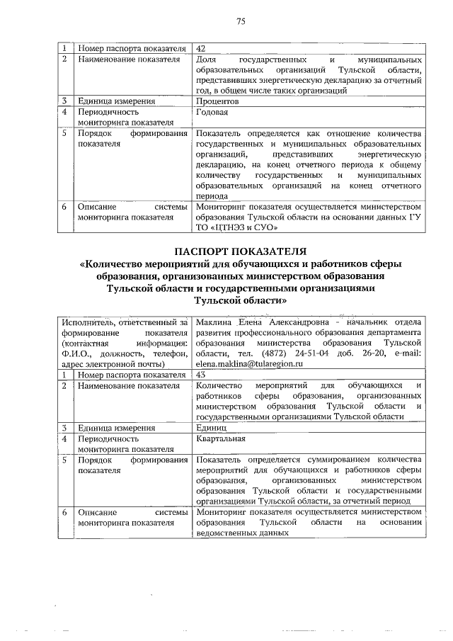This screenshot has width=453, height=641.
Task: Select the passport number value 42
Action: click(201, 48)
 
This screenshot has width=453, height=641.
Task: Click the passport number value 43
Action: click(201, 374)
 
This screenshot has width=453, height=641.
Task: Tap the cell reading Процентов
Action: click(217, 101)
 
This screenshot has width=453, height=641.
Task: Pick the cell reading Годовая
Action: click(212, 112)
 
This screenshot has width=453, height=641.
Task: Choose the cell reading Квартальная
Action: click(221, 438)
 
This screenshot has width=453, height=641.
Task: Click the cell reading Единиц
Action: click(211, 428)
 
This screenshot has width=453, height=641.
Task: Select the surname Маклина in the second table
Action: click(215, 321)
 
